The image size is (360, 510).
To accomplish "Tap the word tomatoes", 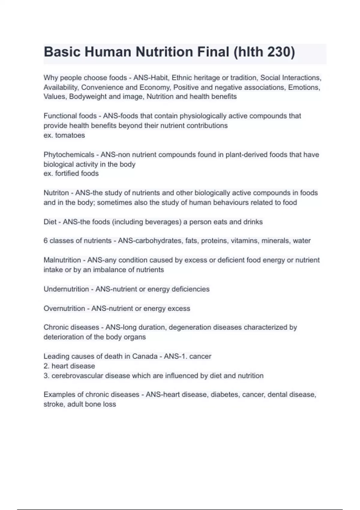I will pos(70,135).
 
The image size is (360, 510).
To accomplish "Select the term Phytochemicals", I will pos(69,155).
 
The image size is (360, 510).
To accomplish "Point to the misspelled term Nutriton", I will pos(56,193).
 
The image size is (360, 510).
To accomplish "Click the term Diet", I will pos(50,222).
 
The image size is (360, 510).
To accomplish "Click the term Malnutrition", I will pos(62,260).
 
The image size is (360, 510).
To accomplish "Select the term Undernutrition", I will pos(66,289).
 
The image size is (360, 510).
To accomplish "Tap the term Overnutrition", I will pos(64,309).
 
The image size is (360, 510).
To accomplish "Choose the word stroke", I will pos(53,404).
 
